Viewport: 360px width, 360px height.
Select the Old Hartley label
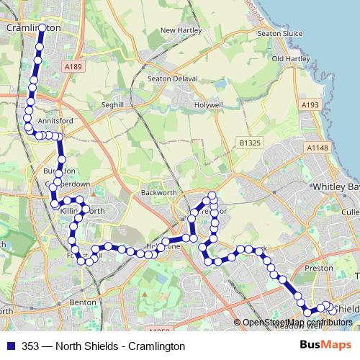[289, 58]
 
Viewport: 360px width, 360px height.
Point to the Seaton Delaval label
[168, 79]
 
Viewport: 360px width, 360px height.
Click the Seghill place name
[114, 104]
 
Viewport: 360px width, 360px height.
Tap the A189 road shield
[70, 67]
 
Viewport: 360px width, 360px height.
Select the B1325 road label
[248, 143]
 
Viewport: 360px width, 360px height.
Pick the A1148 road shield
[316, 148]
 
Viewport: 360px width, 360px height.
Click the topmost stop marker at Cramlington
[42, 28]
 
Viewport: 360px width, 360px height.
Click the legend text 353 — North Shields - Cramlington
[104, 346]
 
